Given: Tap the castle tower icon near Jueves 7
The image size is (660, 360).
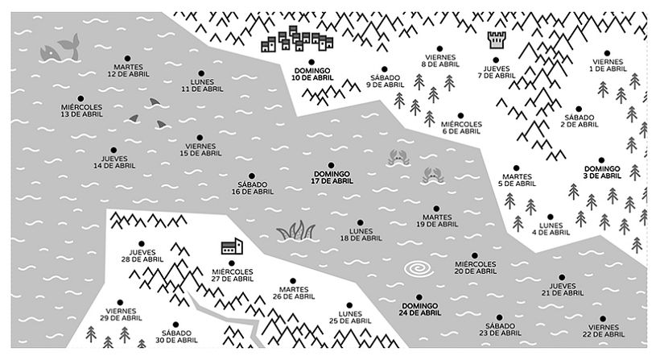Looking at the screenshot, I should (493, 39).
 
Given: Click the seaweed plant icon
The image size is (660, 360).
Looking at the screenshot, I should (295, 232).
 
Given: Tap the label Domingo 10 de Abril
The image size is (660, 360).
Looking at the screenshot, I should (313, 73).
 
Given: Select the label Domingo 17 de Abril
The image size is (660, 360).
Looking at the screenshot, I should (331, 177).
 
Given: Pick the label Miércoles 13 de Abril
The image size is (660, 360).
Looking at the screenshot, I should (81, 110).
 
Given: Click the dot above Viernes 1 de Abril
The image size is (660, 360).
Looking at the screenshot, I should (608, 54).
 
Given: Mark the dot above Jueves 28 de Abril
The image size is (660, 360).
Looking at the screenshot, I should (142, 242).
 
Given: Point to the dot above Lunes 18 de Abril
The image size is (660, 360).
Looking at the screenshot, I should (360, 223).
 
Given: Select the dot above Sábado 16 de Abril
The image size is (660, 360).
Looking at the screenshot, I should (251, 176).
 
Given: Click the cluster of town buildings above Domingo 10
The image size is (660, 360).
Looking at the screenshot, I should (299, 39).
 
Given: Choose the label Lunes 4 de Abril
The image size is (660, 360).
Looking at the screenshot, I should (551, 228).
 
